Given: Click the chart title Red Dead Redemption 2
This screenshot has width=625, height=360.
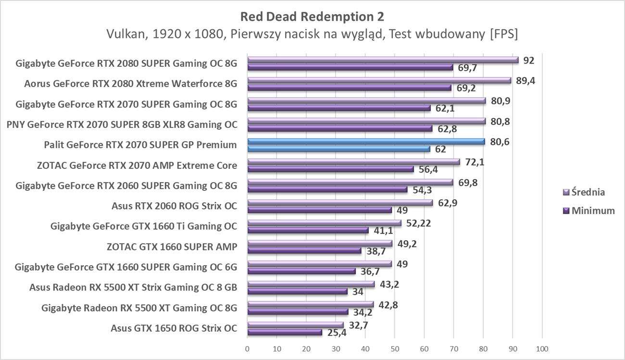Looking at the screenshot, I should (x=312, y=16).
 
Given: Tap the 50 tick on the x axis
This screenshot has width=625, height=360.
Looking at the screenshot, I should (x=395, y=348).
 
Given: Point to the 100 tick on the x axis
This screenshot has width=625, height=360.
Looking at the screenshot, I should (x=542, y=348).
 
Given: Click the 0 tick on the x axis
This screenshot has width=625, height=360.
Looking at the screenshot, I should (x=247, y=348).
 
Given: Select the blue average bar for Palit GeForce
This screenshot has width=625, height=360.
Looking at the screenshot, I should (x=366, y=141).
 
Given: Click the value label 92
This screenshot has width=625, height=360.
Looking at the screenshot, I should (x=529, y=61).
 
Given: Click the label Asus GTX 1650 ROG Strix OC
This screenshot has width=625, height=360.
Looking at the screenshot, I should (x=174, y=328).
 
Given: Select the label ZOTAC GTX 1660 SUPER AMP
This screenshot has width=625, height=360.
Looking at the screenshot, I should (x=172, y=247).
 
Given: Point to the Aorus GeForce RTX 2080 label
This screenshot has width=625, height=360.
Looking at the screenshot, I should (x=130, y=84).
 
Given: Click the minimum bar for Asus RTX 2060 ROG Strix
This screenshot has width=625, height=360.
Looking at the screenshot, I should (x=319, y=210).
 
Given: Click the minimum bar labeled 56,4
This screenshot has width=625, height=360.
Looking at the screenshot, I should (x=330, y=169).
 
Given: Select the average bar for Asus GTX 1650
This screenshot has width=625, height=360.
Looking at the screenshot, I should (x=295, y=325).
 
